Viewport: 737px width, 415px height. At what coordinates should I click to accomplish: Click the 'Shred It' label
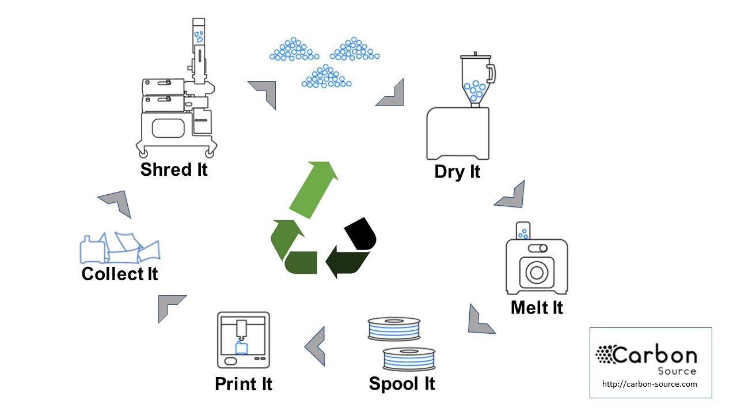174,169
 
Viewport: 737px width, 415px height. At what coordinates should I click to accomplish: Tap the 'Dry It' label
457,172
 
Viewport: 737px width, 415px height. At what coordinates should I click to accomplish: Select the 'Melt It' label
537,307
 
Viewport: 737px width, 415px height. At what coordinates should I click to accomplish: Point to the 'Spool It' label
402,383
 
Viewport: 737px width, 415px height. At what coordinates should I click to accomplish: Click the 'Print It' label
243,383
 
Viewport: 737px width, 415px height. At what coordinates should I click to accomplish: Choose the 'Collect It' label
120,273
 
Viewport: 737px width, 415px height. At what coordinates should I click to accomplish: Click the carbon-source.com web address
649,384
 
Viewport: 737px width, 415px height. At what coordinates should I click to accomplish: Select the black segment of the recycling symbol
361,234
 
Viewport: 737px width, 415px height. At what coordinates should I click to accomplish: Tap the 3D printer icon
243,340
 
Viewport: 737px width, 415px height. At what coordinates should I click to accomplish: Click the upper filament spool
394,329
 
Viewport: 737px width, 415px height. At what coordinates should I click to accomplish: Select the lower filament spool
409,358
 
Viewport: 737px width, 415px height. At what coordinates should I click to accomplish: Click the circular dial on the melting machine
537,273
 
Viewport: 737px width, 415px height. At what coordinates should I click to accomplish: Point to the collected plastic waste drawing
120,248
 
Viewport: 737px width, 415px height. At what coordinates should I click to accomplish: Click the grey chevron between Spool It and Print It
316,345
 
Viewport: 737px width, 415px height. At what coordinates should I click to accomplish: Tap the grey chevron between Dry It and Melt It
511,196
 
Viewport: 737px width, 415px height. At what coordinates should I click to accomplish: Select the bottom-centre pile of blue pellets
326,77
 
